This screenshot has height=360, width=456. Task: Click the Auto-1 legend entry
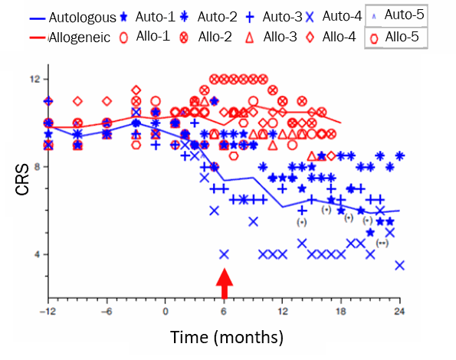pyautogui.click(x=149, y=17)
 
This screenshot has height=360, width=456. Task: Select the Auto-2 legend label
pyautogui.click(x=208, y=17)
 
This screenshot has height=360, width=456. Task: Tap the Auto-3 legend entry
pyautogui.click(x=274, y=17)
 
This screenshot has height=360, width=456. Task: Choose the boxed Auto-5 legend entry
pyautogui.click(x=396, y=15)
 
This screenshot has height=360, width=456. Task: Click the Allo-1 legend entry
pyautogui.click(x=145, y=37)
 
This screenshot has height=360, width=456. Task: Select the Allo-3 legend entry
pyautogui.click(x=271, y=38)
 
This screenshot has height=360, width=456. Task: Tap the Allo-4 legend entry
pyautogui.click(x=331, y=38)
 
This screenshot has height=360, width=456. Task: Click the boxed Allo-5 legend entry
pyautogui.click(x=396, y=38)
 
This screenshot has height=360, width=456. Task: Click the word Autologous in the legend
pyautogui.click(x=82, y=18)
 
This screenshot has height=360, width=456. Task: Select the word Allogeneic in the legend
pyautogui.click(x=80, y=38)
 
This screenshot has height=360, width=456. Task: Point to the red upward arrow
pyautogui.click(x=225, y=283)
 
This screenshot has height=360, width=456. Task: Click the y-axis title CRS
pyautogui.click(x=22, y=179)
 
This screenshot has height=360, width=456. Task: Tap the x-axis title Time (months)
pyautogui.click(x=227, y=337)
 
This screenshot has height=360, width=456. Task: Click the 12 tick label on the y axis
pyautogui.click(x=35, y=79)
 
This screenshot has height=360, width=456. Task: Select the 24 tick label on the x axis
pyautogui.click(x=399, y=312)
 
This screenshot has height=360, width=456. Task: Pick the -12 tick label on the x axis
pyautogui.click(x=47, y=312)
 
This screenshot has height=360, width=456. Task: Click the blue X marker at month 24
pyautogui.click(x=400, y=265)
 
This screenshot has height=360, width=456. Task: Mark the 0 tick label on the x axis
pyautogui.click(x=166, y=312)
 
